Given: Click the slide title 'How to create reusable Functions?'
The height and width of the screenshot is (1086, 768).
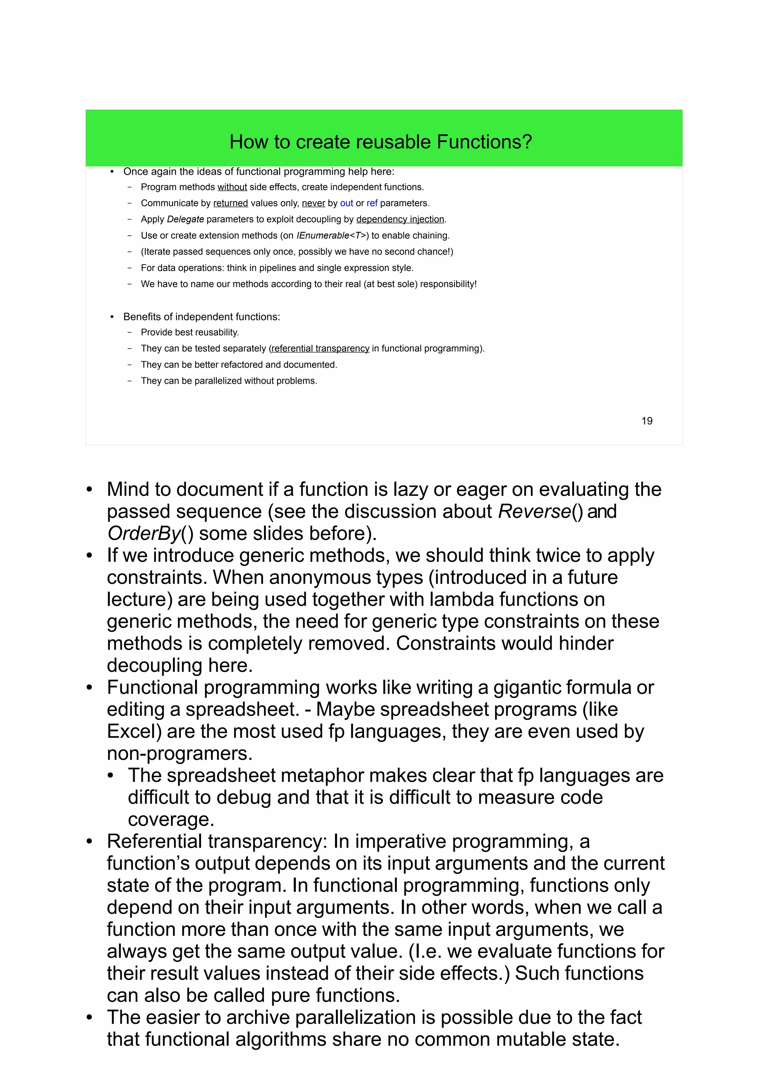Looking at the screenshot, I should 381,142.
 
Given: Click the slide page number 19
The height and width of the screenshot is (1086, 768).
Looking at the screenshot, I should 646,421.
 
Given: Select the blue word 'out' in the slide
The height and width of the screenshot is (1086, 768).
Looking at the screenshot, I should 346,203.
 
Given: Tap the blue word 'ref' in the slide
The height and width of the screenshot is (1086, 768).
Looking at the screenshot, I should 372,203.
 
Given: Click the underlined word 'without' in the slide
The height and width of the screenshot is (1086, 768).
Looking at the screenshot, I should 232,187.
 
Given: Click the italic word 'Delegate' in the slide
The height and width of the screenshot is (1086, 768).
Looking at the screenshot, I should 186,220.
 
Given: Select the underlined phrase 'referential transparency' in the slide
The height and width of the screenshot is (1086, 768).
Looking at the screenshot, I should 320,349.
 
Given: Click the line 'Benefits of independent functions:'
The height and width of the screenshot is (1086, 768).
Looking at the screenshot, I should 202,317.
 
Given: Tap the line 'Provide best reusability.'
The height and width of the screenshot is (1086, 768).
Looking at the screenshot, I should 190,332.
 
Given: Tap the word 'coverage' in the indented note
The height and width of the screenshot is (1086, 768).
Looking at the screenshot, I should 170,820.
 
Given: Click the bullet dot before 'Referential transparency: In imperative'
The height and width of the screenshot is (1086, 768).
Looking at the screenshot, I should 89,842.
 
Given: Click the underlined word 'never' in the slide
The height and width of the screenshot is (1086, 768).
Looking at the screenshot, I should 313,203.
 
